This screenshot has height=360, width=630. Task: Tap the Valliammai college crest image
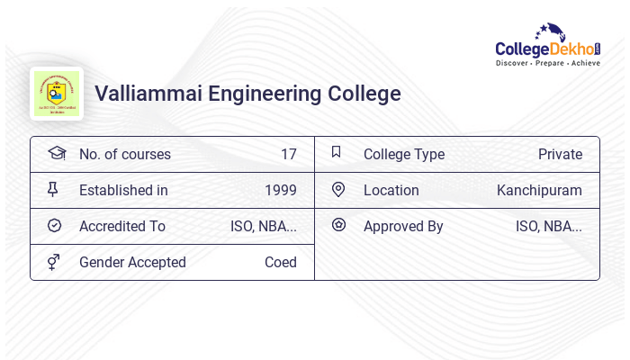tap(57, 94)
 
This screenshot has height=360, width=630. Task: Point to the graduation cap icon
tap(56, 153)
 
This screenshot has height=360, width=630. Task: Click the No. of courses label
tap(124, 154)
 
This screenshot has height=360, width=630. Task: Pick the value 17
tap(288, 154)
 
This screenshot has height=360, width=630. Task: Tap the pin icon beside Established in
tap(53, 189)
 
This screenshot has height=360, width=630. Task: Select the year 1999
tap(281, 190)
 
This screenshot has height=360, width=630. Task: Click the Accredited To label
tap(122, 226)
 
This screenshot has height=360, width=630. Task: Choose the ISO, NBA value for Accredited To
tap(264, 226)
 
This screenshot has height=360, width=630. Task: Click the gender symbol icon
tap(53, 262)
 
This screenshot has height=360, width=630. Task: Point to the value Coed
tap(280, 262)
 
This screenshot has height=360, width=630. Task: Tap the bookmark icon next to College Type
tap(336, 153)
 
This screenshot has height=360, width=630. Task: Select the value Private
tap(560, 154)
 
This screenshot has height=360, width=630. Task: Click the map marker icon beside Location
tap(338, 189)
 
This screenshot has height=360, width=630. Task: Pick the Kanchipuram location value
tap(539, 190)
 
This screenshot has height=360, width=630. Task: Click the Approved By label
tap(403, 226)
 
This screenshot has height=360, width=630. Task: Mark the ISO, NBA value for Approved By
tap(548, 226)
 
